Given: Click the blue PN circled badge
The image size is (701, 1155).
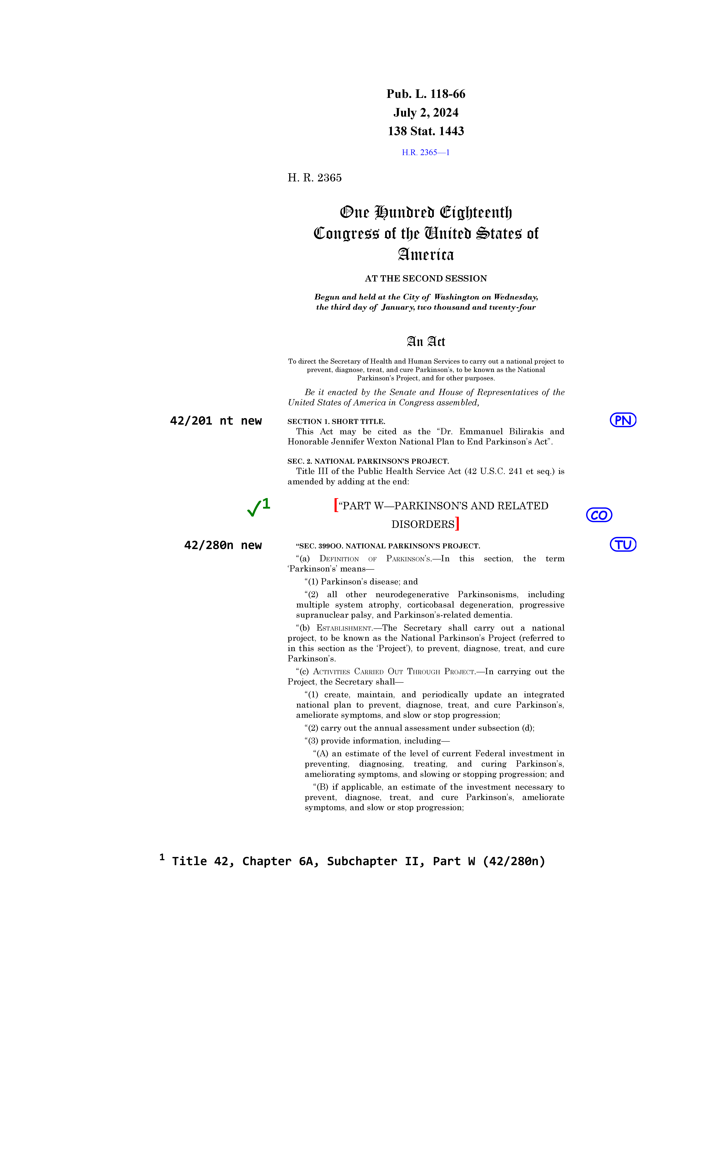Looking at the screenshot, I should point(623,420).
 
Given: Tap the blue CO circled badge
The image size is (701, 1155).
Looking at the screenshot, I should point(599,515).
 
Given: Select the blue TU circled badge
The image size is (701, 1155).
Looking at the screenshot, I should point(623,545).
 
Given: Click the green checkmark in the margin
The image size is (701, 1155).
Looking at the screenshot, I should point(253,509).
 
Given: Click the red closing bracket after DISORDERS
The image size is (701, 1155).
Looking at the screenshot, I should point(457,524).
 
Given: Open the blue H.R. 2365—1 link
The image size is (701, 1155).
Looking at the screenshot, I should point(425,152).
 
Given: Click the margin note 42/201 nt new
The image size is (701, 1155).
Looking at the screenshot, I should point(216,421).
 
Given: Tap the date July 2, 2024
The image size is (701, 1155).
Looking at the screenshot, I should point(425,112).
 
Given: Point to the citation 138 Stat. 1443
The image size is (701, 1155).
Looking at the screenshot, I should point(425,131).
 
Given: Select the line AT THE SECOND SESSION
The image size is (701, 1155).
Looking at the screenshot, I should point(425,278).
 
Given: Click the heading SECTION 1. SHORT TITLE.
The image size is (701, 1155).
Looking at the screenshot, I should point(336,421).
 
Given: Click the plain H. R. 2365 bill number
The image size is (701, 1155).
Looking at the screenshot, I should point(314,178).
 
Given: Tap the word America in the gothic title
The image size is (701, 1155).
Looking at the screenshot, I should point(425,255).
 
